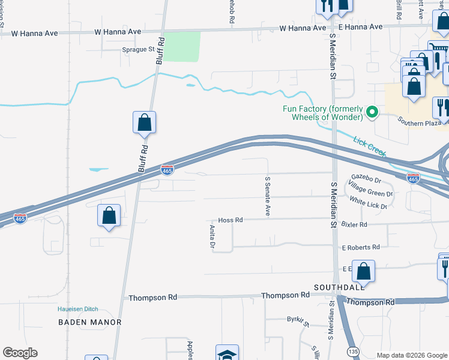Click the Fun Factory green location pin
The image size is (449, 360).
pyautogui.click(x=372, y=112)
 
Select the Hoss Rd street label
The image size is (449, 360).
pyautogui.click(x=231, y=220)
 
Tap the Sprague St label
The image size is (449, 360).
pyautogui.click(x=139, y=50)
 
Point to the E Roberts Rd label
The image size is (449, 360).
pyautogui.click(x=361, y=247)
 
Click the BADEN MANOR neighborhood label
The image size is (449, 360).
pyautogui.click(x=90, y=322)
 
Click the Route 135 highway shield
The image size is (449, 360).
pyautogui.click(x=354, y=350)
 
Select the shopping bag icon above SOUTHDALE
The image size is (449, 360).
pyautogui.click(x=363, y=271)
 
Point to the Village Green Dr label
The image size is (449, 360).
pyautogui.click(x=370, y=191)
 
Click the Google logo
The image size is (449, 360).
pyautogui.click(x=20, y=353)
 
